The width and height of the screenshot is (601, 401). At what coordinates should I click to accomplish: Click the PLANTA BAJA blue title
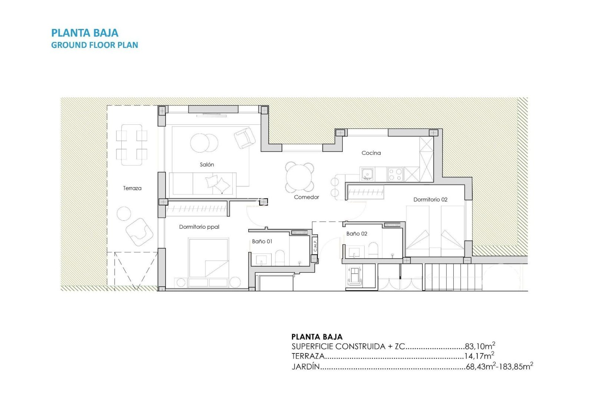coord(85,33)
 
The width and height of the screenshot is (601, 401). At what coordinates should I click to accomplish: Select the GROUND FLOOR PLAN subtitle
coord(95,45)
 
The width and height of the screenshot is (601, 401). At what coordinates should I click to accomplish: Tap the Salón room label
coord(207,164)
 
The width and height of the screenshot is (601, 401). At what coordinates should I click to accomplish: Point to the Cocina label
coord(371,153)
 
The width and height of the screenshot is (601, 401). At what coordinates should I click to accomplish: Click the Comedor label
coord(306,197)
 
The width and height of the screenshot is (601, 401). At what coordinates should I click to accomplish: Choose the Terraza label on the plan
coord(132,188)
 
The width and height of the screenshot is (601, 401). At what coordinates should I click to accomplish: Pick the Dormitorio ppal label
coord(199,227)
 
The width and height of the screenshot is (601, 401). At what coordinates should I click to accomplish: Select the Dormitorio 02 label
coord(430,199)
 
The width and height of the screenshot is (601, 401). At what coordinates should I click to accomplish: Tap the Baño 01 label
coord(262,241)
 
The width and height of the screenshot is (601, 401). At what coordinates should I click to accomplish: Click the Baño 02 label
coord(357,234)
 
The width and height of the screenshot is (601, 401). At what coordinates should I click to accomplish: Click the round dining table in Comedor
coord(299,177)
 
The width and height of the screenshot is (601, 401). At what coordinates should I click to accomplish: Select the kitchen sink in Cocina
coord(367,174)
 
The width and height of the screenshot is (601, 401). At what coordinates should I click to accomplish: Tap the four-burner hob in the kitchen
coord(395,174)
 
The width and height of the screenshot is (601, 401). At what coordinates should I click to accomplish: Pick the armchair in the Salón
coord(244,138)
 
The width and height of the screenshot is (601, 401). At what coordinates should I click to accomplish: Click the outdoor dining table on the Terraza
coord(131,145)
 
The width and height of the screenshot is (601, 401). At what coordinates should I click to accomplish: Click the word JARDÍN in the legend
coord(306,366)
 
